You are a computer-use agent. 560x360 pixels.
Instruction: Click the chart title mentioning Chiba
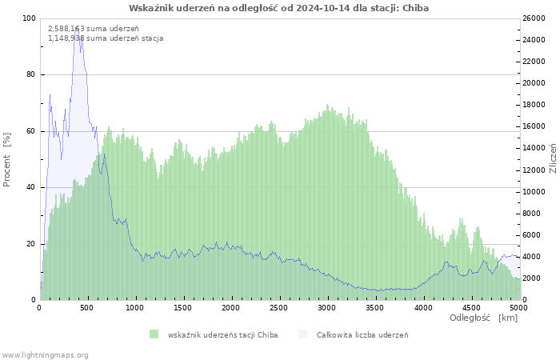pos(278,8)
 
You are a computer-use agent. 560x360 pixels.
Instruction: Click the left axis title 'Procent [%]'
pos(8,159)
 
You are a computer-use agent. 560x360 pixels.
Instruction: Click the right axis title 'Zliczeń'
pos(553,158)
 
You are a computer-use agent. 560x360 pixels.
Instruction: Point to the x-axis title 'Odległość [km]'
pos(483,318)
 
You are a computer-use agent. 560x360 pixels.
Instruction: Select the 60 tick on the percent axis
pos(31,131)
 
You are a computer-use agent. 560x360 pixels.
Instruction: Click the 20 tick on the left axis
pos(31,244)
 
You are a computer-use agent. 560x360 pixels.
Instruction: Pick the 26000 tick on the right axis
pos(534,18)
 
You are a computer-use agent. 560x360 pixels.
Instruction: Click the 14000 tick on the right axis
pos(534,149)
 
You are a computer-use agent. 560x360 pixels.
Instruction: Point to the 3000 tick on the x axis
pos(326,307)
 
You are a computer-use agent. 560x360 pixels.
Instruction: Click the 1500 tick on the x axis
pos(183,307)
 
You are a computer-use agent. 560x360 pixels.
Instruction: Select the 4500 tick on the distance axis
pos(470,307)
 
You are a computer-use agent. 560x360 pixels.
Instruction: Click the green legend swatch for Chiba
pos(154,334)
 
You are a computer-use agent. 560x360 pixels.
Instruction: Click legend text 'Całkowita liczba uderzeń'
pos(362,334)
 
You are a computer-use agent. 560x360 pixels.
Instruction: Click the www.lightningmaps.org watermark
pos(45,354)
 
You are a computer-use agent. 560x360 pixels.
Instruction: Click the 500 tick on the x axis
pos(88,307)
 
